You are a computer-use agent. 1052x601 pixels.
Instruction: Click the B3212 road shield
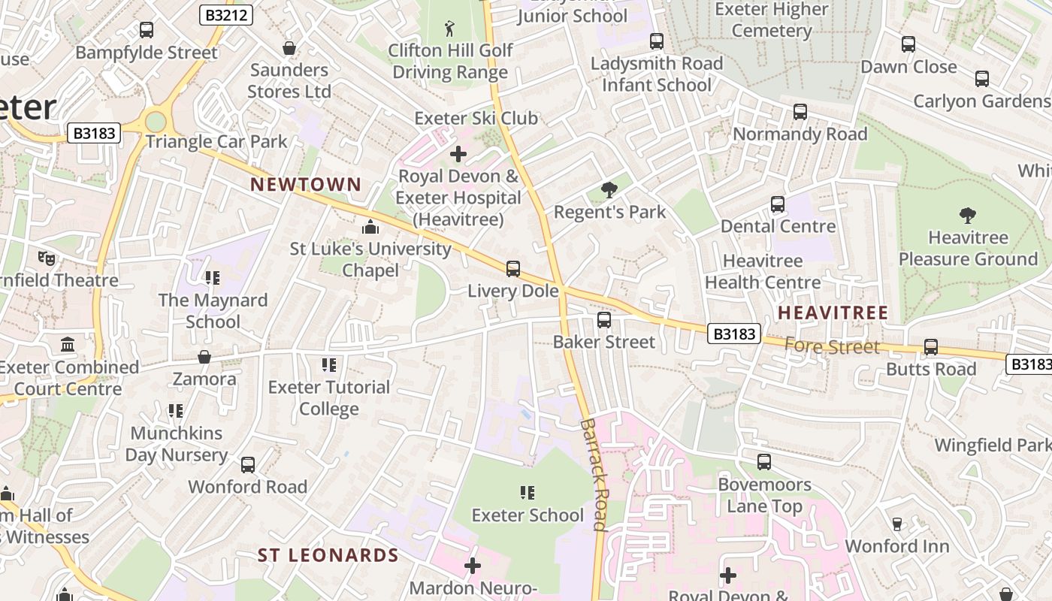(x=225, y=15)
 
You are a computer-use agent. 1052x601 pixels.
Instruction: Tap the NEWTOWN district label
(x=306, y=184)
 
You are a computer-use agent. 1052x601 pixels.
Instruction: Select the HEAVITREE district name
(x=833, y=313)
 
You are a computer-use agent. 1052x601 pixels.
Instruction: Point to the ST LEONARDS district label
(x=328, y=555)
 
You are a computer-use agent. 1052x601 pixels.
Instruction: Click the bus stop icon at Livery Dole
(x=513, y=268)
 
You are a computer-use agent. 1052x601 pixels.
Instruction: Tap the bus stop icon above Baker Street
(x=604, y=320)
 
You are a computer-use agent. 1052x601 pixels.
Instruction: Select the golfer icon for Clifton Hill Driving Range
(x=449, y=29)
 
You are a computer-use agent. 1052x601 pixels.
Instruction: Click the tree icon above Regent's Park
(x=609, y=190)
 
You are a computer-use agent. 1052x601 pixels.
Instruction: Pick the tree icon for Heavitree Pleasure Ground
(x=968, y=216)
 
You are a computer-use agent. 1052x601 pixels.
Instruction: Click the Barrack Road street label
(x=593, y=474)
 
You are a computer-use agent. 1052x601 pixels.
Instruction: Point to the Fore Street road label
(x=831, y=346)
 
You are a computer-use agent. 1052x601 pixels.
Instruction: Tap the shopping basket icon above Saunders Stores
(x=289, y=49)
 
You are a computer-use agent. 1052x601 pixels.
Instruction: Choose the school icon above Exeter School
(x=528, y=493)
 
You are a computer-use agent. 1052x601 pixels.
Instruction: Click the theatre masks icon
(x=47, y=258)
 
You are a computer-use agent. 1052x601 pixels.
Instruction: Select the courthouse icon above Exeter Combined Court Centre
(x=68, y=345)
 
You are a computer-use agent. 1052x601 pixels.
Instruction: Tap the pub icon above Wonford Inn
(x=897, y=524)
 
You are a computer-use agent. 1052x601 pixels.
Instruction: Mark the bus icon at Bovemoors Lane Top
(x=764, y=462)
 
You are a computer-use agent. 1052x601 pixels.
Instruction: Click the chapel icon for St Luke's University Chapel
(x=370, y=227)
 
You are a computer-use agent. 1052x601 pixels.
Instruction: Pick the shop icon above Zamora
(x=204, y=357)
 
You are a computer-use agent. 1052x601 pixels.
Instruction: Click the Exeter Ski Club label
(x=476, y=118)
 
